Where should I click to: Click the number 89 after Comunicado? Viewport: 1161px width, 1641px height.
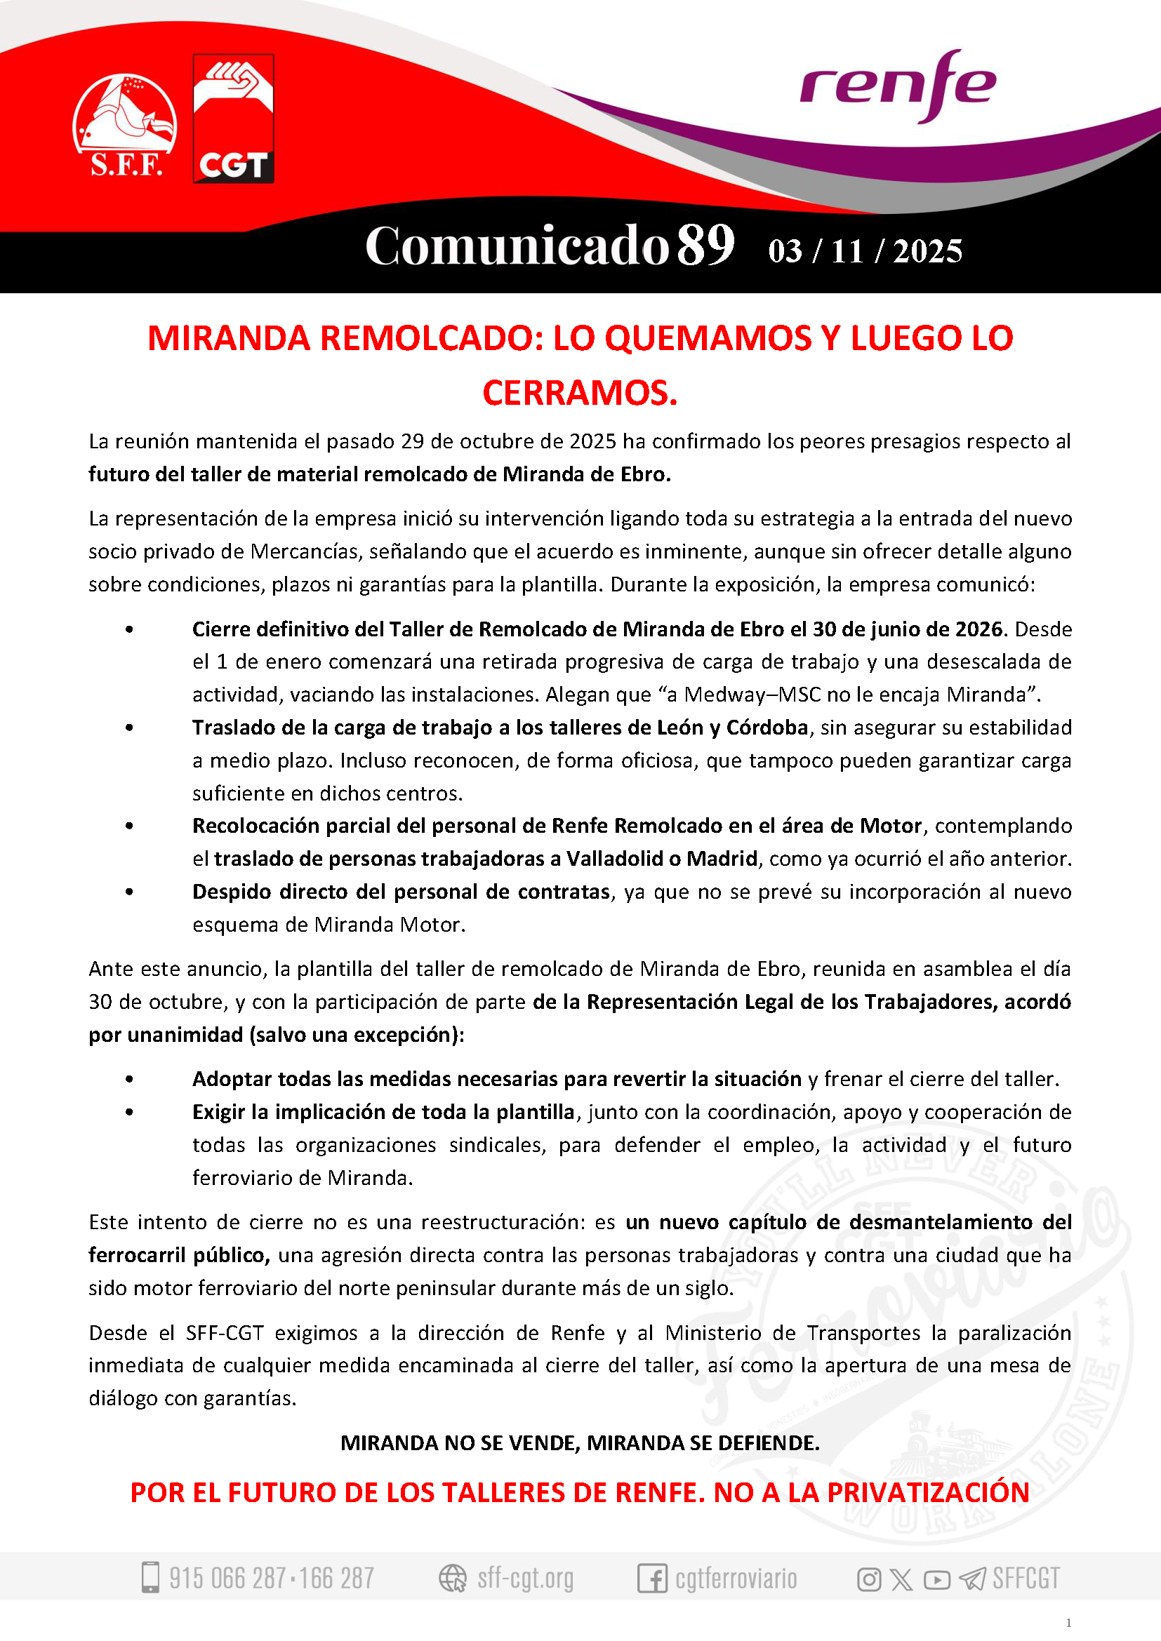pyautogui.click(x=705, y=245)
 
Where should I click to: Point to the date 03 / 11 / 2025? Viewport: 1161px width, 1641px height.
pyautogui.click(x=865, y=251)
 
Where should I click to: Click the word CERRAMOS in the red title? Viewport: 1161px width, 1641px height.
pyautogui.click(x=580, y=392)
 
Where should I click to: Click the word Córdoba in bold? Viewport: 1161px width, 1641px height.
pyautogui.click(x=767, y=728)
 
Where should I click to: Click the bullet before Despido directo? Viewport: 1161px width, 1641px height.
pyautogui.click(x=129, y=892)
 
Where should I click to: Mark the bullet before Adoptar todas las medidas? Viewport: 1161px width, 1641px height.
pyautogui.click(x=129, y=1079)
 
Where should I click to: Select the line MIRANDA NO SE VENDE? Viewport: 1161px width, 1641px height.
pyautogui.click(x=580, y=1443)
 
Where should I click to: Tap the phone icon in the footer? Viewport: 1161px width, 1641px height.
pyautogui.click(x=150, y=1577)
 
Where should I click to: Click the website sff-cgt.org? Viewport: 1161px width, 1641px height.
pyautogui.click(x=526, y=1577)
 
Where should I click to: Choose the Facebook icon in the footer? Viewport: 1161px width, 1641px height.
pyautogui.click(x=652, y=1578)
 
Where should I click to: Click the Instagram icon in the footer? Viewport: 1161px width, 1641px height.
pyautogui.click(x=868, y=1579)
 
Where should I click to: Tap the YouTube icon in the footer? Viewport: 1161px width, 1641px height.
pyautogui.click(x=936, y=1579)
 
